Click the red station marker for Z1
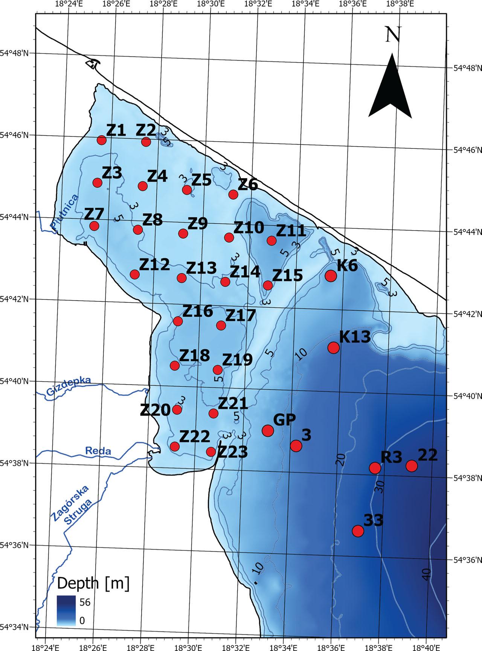coord(101,140)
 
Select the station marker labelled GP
coord(268,430)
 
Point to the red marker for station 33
coord(358,531)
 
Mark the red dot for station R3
coord(375,468)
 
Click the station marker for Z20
coord(177,410)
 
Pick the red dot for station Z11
coord(272,240)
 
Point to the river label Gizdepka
coord(69,387)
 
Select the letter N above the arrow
coord(393,35)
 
